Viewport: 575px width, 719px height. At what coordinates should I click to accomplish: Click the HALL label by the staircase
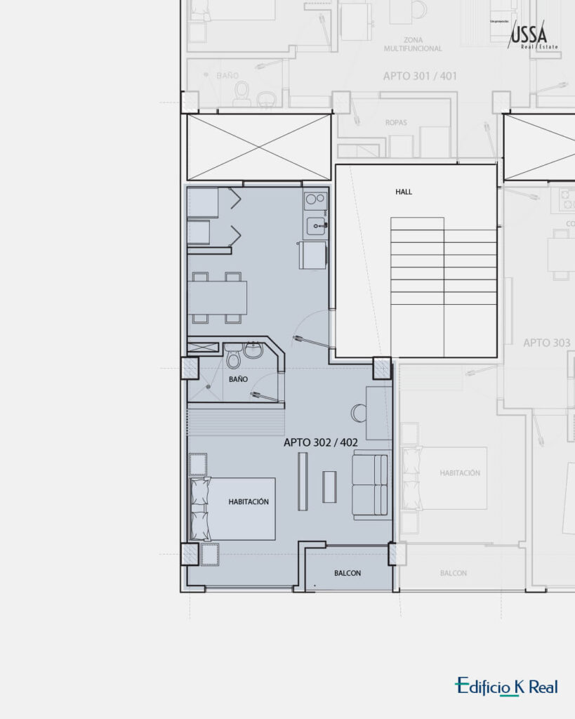tap(404, 191)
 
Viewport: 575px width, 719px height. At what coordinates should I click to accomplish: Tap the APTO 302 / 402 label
tap(321, 443)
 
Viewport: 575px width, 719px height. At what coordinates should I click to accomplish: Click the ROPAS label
tap(396, 123)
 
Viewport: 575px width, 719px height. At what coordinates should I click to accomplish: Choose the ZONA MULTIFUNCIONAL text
tap(413, 44)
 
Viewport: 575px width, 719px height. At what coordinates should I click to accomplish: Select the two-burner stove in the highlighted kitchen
tap(315, 201)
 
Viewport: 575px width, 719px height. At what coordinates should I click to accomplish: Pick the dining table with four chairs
tap(217, 298)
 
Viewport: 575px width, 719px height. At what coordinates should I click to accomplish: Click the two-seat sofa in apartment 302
tap(370, 484)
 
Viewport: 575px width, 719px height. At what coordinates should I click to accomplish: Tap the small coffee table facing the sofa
tap(329, 487)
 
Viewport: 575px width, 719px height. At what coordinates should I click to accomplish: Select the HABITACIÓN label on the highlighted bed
tap(249, 502)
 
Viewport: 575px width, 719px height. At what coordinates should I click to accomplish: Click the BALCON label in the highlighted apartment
tap(348, 573)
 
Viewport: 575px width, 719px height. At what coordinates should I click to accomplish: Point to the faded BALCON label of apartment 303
tap(453, 573)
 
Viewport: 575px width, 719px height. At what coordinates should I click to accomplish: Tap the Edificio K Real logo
tap(505, 686)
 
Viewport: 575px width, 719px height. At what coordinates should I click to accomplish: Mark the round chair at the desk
tap(358, 412)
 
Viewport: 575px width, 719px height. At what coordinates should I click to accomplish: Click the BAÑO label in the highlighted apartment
tap(238, 379)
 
